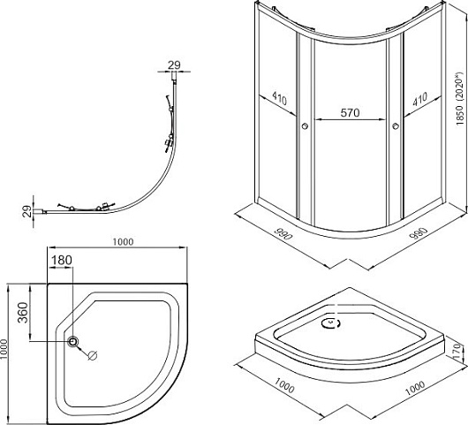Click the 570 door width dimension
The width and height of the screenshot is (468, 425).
coord(350,113)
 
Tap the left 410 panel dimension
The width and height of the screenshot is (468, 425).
coord(280,98)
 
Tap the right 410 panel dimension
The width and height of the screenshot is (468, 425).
coord(420,99)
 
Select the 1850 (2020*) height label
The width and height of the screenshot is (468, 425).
coord(461,99)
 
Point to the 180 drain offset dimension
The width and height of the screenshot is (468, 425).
coord(62,260)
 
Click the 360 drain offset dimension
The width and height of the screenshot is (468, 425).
coord(23,313)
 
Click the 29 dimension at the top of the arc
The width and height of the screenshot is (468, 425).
coord(174,65)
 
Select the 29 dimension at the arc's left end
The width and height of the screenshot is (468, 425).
coord(26,211)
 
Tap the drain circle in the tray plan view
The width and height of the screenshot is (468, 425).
coord(72,341)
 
